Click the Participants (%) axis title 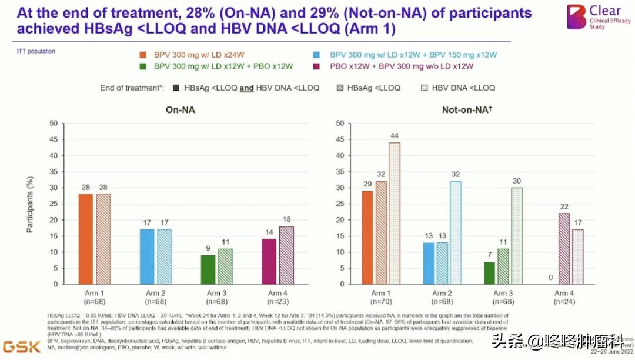[30, 204]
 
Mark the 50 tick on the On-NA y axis [54, 124]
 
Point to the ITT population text [36, 51]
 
